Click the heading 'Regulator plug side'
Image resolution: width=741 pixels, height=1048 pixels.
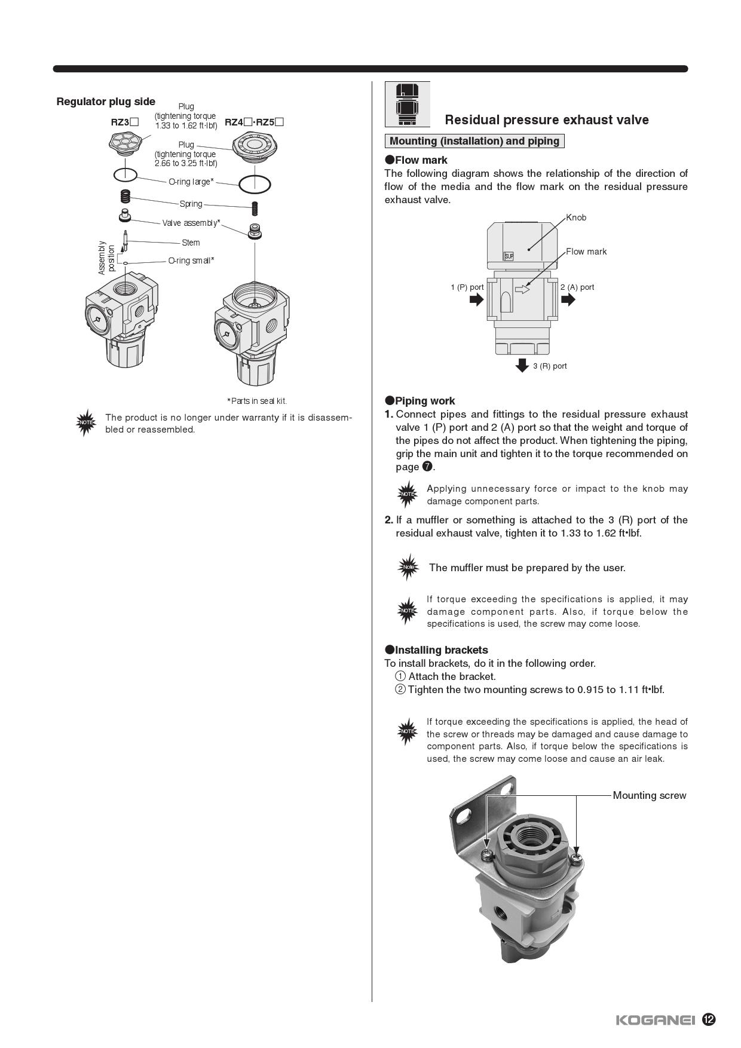pyautogui.click(x=106, y=102)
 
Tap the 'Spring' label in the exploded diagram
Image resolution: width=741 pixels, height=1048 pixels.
pyautogui.click(x=191, y=204)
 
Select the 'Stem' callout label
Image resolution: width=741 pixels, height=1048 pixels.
pyautogui.click(x=191, y=243)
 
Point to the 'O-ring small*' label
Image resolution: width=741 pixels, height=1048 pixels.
pyautogui.click(x=191, y=261)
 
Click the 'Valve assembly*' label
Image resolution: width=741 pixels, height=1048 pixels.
pyautogui.click(x=191, y=223)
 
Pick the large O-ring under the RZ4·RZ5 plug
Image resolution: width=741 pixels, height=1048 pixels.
pyautogui.click(x=255, y=184)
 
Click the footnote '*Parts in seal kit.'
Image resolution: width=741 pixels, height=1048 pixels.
pyautogui.click(x=256, y=401)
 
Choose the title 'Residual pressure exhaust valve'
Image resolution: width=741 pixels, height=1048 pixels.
pyautogui.click(x=546, y=119)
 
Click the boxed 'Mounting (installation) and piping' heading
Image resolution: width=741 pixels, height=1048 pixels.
pyautogui.click(x=474, y=141)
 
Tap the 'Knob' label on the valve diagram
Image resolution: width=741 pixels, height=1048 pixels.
pyautogui.click(x=576, y=217)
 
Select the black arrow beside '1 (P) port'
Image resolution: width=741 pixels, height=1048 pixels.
pyautogui.click(x=476, y=299)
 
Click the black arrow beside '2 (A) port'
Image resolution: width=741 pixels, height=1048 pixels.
pyautogui.click(x=568, y=299)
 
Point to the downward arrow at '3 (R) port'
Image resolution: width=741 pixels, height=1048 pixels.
pyautogui.click(x=522, y=365)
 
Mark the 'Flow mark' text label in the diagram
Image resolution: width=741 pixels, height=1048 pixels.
pyautogui.click(x=586, y=252)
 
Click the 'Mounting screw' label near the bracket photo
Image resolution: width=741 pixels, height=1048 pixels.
pyautogui.click(x=649, y=795)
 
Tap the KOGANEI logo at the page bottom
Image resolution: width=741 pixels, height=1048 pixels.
pyautogui.click(x=655, y=1020)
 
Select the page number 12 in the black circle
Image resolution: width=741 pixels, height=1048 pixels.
pyautogui.click(x=709, y=1019)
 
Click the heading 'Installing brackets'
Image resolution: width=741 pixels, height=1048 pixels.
pyautogui.click(x=441, y=650)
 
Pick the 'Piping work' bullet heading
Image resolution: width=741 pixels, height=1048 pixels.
pyautogui.click(x=424, y=401)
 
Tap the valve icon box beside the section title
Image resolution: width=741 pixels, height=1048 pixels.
pyautogui.click(x=407, y=104)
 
